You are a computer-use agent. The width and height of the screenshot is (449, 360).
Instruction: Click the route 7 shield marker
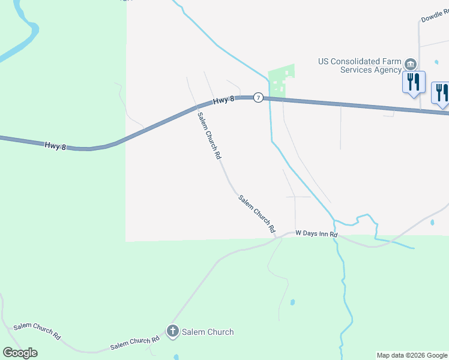click(x=258, y=97)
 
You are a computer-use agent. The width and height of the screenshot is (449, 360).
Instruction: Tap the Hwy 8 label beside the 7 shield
click(x=223, y=100)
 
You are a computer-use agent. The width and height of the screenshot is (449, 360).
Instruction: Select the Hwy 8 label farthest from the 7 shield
click(x=55, y=145)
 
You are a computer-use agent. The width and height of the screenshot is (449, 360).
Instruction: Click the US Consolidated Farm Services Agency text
click(x=359, y=65)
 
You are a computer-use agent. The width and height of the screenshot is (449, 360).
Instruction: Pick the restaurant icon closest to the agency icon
click(x=413, y=82)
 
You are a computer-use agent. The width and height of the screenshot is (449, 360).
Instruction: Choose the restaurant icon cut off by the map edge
click(x=441, y=92)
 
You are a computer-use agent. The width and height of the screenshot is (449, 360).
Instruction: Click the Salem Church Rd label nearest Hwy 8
click(x=209, y=136)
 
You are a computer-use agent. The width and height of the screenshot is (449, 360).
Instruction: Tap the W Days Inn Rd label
click(x=316, y=234)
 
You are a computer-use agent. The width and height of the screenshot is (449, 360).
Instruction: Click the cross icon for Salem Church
click(x=173, y=331)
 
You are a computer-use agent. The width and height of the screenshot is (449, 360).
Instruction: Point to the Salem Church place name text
click(x=208, y=332)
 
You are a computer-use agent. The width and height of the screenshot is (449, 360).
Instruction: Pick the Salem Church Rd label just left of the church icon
click(x=134, y=343)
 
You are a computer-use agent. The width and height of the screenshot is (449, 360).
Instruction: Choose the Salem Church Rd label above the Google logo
click(x=37, y=331)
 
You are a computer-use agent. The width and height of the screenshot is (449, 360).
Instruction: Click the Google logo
click(x=20, y=353)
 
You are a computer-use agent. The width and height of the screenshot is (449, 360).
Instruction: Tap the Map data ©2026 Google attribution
click(x=412, y=355)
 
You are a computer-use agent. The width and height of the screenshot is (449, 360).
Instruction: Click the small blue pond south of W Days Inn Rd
click(x=292, y=302)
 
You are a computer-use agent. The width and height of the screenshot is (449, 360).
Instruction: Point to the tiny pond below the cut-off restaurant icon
click(x=432, y=223)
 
